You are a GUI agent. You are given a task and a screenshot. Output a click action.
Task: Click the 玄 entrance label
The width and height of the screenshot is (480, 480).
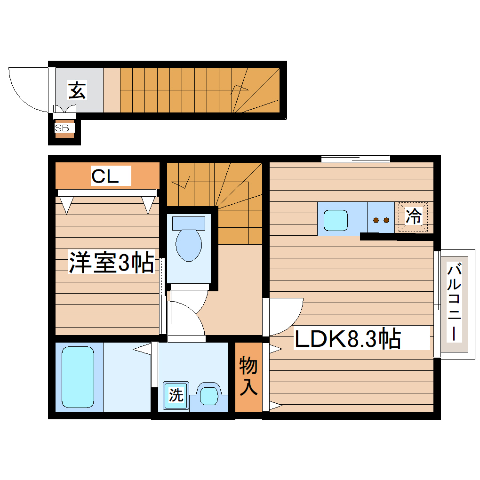pos(78,90)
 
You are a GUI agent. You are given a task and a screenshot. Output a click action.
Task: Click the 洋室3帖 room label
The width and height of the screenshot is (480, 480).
pos(112,263)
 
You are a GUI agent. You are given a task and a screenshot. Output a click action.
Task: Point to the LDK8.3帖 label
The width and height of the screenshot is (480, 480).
pos(348,338)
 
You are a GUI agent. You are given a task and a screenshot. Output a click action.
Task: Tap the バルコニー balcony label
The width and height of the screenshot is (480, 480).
pos(454,303)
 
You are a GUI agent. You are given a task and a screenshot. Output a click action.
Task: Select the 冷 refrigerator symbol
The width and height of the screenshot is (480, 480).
pos(413,217)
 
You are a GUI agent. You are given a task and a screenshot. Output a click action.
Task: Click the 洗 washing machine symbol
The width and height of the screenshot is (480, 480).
pos(176,394)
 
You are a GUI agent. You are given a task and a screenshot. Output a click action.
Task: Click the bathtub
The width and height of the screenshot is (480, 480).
pos(78,377)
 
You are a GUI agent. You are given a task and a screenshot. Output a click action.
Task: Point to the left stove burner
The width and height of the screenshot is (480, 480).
pos(376,220)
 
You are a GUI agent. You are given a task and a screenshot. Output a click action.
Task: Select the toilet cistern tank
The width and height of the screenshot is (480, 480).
pos(188,223)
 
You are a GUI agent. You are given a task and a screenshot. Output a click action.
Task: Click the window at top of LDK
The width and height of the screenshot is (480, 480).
pos(356,159)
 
